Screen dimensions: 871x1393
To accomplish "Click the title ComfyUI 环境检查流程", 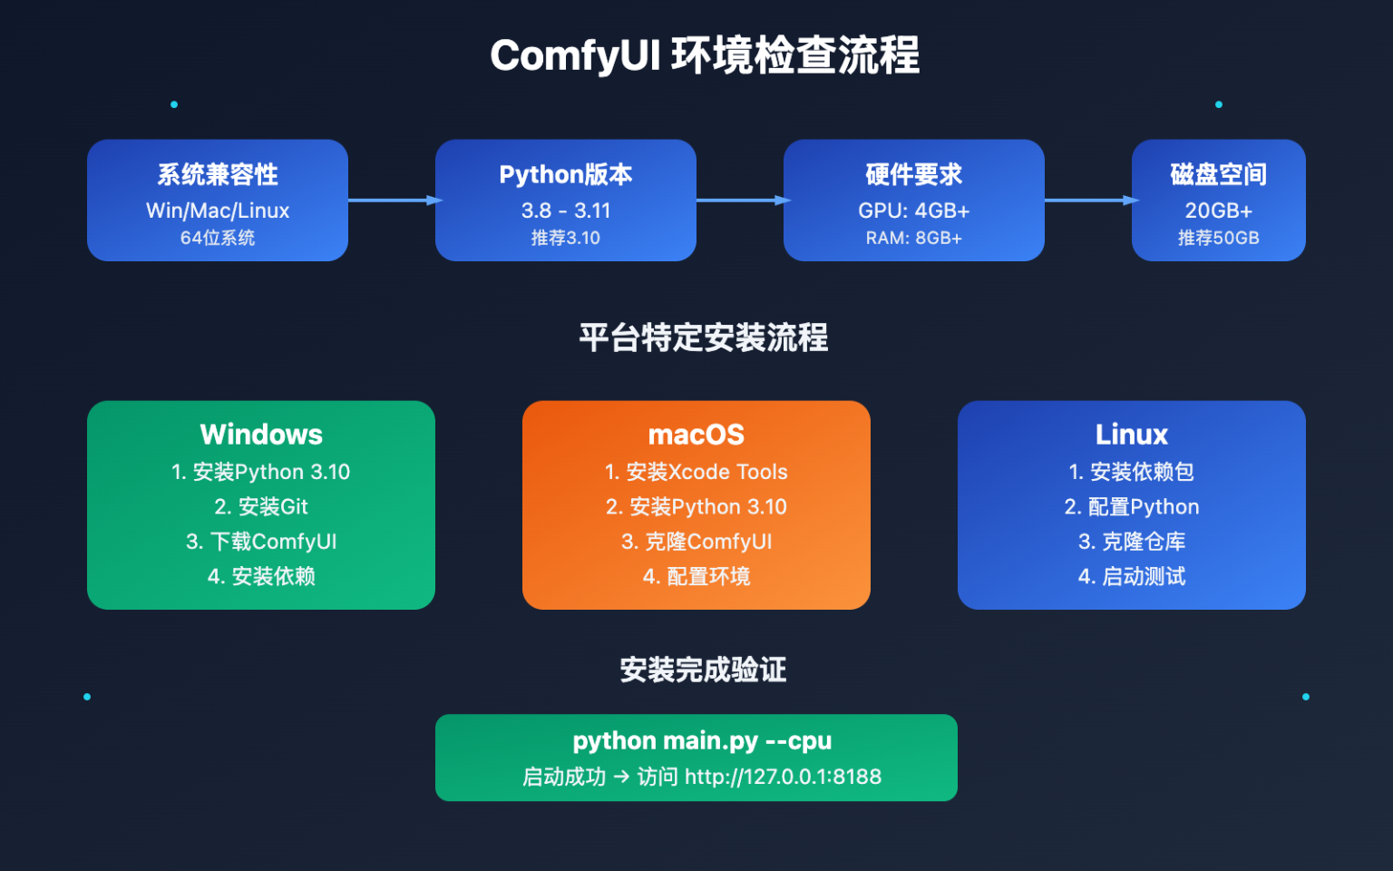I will click(705, 55).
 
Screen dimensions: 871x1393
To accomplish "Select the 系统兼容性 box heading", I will click(218, 174).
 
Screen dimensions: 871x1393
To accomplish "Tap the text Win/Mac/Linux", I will click(218, 210).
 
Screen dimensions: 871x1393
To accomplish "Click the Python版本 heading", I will click(566, 174).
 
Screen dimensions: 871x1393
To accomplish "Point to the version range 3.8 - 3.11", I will click(566, 210).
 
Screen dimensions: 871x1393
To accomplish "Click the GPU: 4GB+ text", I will click(914, 210).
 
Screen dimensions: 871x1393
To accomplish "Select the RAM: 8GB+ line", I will click(914, 238).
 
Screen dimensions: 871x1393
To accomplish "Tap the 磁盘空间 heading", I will click(1219, 174).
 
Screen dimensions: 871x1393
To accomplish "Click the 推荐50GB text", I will click(1219, 238).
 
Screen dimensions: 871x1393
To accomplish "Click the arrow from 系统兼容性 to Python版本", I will click(392, 201).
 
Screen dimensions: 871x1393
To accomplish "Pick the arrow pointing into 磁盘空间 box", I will click(1088, 201).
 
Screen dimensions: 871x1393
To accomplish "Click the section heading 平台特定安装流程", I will click(704, 338).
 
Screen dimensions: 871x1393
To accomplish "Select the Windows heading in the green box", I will click(261, 435).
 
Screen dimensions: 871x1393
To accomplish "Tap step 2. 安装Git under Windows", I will click(261, 506).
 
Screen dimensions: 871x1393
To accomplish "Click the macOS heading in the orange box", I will click(696, 435).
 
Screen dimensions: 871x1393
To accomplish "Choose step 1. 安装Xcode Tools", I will click(696, 472).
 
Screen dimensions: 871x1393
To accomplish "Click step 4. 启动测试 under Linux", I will click(1132, 576).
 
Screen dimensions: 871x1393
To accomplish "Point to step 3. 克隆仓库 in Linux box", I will click(1132, 542).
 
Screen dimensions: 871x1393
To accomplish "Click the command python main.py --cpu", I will click(702, 740).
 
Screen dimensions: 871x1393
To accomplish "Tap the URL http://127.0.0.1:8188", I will click(783, 777).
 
